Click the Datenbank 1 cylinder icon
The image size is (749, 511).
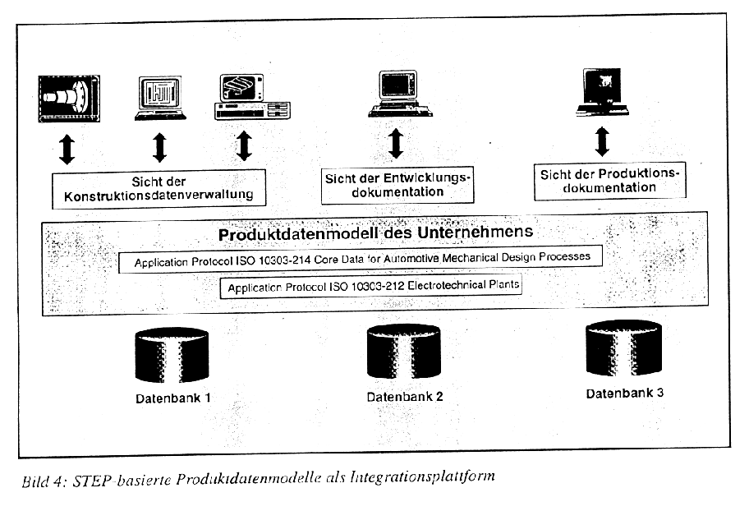coord(172,355)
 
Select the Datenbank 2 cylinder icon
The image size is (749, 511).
coord(403,352)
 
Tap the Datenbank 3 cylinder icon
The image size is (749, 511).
coord(623,348)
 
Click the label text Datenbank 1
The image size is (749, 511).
coord(173,398)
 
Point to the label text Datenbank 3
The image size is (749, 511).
coord(625,394)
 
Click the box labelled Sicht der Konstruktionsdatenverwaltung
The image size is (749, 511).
coord(159,189)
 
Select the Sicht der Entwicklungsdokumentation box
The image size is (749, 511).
coord(397,186)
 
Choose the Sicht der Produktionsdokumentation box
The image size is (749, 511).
coord(609,181)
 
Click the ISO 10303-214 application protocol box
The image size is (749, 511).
coord(361,259)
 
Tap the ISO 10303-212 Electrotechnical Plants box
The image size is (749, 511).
coord(370,287)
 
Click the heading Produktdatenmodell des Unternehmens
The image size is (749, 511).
coord(375,232)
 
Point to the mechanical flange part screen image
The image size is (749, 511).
coord(69,99)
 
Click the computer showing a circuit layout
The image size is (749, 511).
coord(160,98)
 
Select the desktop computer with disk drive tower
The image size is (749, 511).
coord(252,97)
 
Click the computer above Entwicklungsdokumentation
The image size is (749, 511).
coord(400,94)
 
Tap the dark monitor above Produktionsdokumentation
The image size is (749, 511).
coord(602,92)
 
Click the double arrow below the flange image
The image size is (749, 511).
coord(67,150)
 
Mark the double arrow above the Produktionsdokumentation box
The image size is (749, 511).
coord(602,141)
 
